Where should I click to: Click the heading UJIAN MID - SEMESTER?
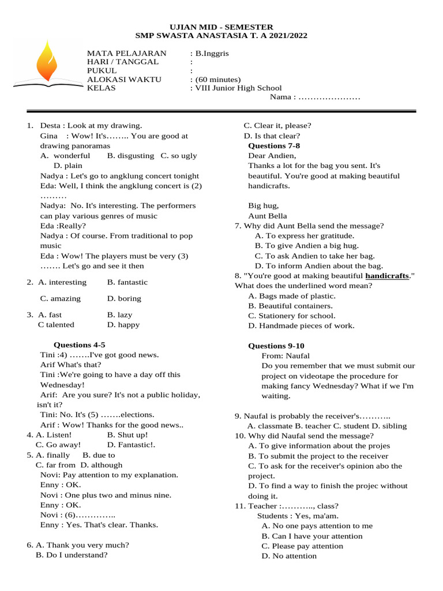click(221, 27)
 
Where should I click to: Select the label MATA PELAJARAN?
click(126, 53)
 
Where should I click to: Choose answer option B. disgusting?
click(130, 156)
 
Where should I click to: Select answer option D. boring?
click(124, 298)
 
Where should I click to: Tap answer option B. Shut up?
click(127, 435)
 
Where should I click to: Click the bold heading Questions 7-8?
click(274, 145)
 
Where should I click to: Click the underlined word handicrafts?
click(387, 276)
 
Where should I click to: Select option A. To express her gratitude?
click(305, 235)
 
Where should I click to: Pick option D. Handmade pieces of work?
click(301, 326)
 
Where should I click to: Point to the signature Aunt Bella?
click(268, 216)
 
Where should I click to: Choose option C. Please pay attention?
click(302, 546)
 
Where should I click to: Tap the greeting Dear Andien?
click(272, 156)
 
